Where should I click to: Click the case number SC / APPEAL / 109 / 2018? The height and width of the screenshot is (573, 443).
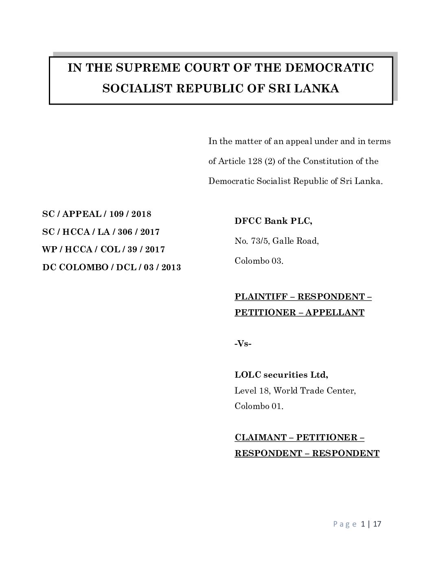tap(96, 214)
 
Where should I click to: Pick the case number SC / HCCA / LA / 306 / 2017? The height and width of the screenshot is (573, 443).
tap(101, 232)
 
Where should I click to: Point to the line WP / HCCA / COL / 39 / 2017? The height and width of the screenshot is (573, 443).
tap(103, 249)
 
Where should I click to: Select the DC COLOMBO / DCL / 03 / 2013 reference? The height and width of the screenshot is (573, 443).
tap(112, 267)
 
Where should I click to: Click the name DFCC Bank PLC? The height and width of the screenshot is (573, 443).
tap(273, 221)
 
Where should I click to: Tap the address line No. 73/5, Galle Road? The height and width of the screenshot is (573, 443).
tap(276, 241)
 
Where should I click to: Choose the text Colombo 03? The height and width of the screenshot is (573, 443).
tap(259, 261)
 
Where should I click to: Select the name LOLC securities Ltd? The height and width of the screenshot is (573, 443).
tap(281, 374)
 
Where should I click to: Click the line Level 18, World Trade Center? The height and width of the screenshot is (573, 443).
tap(295, 391)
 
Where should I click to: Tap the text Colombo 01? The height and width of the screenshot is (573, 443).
tap(259, 406)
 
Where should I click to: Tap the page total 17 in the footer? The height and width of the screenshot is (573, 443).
tap(377, 524)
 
